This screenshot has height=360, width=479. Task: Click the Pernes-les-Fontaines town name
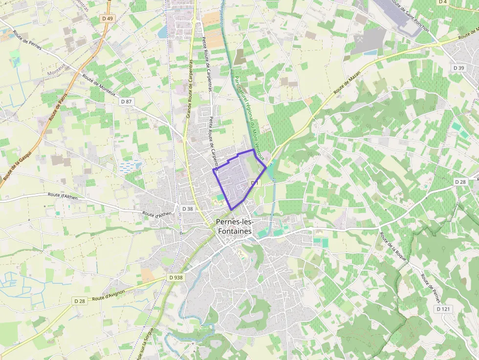click(234, 227)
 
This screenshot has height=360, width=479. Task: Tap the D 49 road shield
click(108, 19)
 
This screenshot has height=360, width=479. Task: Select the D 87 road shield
click(126, 101)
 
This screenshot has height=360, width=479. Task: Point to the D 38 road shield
click(188, 209)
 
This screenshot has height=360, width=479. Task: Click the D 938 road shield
click(176, 277)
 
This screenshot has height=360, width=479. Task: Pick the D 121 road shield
click(443, 309)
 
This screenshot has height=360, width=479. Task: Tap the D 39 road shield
click(458, 68)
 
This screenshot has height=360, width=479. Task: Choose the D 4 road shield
click(443, 2)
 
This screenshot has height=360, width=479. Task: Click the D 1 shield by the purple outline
click(254, 183)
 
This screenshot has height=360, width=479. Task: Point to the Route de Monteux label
click(99, 85)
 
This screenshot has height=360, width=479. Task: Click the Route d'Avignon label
click(109, 295)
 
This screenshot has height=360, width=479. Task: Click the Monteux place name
click(56, 73)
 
